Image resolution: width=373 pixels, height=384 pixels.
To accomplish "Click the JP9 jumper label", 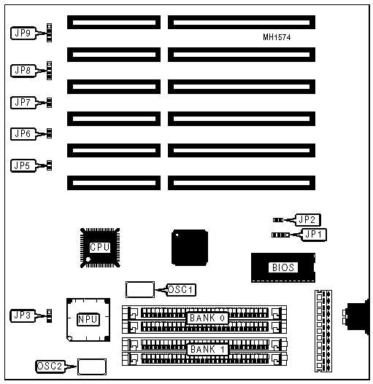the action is coord(23,33).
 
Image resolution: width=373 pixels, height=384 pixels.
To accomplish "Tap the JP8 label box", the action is coord(23,71).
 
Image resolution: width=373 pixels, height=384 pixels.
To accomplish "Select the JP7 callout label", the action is coord(23,103).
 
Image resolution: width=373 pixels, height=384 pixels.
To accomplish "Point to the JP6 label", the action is coord(23,134).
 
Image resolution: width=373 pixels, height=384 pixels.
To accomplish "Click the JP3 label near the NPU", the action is coord(23,316).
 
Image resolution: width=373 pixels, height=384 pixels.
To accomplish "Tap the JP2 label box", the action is coord(307,219).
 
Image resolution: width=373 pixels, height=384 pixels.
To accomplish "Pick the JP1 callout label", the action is coord(314,235).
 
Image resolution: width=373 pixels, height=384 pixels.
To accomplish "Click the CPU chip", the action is coord(100,248).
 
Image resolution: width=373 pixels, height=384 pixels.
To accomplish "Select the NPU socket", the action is coord(88,320).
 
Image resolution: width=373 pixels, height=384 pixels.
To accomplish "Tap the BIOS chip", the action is coord(283,267).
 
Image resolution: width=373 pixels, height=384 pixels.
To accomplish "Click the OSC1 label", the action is coord(181,290).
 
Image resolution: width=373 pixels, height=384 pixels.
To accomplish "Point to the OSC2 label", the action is coord(50,367).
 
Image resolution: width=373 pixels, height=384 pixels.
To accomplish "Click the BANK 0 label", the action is coord(207,318).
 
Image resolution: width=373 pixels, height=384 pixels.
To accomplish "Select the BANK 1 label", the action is coord(207,350).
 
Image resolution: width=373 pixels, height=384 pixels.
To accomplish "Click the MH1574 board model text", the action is coord(277,37).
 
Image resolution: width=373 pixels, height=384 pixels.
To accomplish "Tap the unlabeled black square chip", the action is coord(190,248).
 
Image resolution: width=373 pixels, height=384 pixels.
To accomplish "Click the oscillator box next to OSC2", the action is coord(92,367).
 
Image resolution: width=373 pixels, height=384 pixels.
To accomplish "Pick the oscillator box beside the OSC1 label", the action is coord(140,290).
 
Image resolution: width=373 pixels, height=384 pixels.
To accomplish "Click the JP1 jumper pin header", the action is coord(280,235).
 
